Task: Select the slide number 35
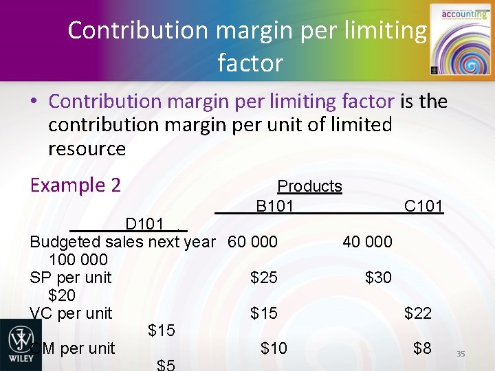(x=461, y=353)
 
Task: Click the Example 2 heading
(x=76, y=185)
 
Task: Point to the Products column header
(x=309, y=186)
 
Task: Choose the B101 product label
(x=274, y=206)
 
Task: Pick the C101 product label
(x=423, y=206)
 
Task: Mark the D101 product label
(x=144, y=224)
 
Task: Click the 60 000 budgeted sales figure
(x=252, y=242)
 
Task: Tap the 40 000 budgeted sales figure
(x=367, y=242)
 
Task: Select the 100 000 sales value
(x=78, y=260)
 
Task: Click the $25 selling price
(x=264, y=278)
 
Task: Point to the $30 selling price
(x=378, y=278)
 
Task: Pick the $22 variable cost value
(x=418, y=313)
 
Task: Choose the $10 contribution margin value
(x=274, y=349)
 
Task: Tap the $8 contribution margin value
(x=422, y=348)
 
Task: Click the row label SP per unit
(x=71, y=278)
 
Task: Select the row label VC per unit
(x=71, y=313)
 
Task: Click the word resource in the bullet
(x=87, y=148)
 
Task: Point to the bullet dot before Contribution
(x=34, y=102)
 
